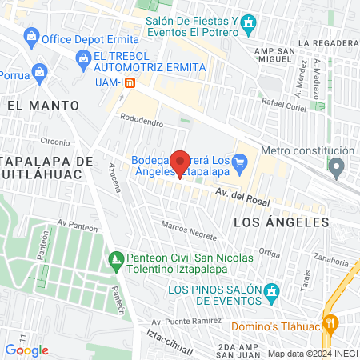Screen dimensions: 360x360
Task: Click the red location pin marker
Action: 181,162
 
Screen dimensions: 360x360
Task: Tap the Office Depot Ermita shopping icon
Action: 31,36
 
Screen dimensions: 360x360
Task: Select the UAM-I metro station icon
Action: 141,81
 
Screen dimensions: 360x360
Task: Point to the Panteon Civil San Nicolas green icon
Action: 115,259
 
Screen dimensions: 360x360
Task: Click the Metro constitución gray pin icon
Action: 337,167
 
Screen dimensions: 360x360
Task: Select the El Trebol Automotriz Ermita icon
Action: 82,58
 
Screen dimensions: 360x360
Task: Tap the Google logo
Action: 26,350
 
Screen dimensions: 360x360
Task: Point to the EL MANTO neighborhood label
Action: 43,105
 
